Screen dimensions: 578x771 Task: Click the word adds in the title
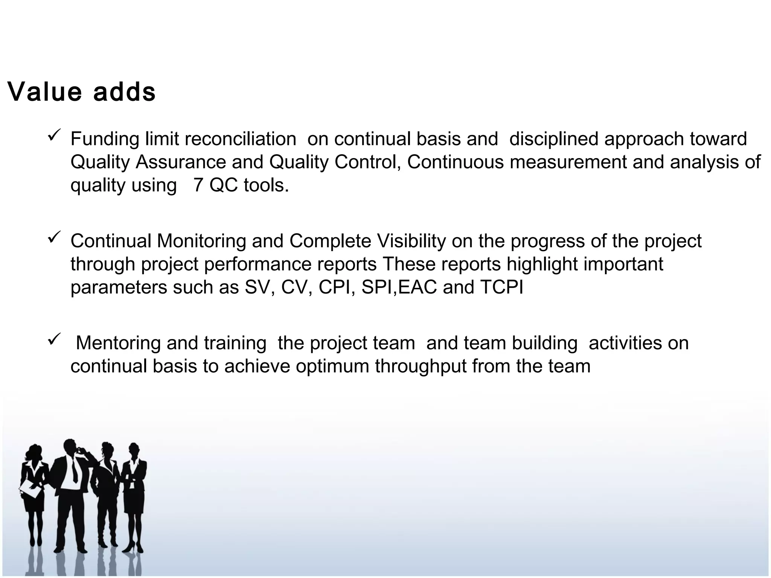[124, 92]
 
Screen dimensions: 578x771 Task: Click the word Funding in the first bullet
[105, 139]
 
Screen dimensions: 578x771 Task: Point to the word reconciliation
[240, 139]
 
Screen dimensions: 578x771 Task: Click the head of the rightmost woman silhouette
[134, 450]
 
